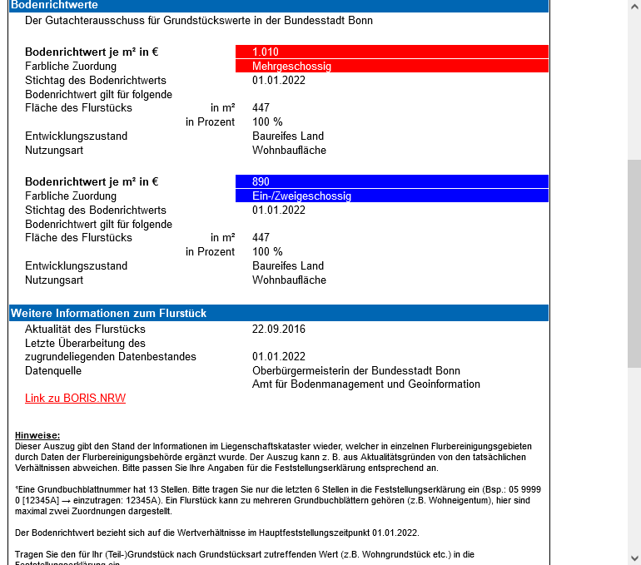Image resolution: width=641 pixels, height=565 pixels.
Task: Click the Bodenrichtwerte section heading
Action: (x=53, y=5)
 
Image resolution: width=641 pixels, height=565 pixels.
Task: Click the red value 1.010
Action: (x=266, y=52)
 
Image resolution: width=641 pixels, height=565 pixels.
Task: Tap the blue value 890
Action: (x=261, y=181)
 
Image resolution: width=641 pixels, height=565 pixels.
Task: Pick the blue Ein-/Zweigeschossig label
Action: (x=301, y=196)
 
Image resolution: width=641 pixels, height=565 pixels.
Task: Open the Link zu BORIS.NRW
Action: (x=75, y=399)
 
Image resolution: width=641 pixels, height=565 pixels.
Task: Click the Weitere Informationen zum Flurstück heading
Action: (x=108, y=314)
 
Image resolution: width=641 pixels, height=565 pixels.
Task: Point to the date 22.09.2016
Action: (x=279, y=329)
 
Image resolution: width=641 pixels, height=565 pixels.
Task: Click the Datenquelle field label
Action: (x=53, y=371)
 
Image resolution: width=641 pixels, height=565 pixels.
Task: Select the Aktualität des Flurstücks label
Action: (x=73, y=329)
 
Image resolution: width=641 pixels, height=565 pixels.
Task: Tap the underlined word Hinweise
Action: (x=37, y=435)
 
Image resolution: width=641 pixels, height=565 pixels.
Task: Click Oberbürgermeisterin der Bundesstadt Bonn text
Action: (x=355, y=371)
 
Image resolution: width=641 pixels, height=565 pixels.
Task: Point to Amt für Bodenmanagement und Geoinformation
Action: (x=365, y=384)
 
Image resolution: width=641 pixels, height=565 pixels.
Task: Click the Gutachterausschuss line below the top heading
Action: (x=199, y=20)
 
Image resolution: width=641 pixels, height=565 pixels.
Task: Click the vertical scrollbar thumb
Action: (x=634, y=262)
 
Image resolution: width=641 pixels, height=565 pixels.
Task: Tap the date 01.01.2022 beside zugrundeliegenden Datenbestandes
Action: (x=279, y=357)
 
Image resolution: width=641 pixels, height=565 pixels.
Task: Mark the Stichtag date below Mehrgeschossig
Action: (x=279, y=81)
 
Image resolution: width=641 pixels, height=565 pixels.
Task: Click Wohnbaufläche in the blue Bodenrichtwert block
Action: (x=289, y=280)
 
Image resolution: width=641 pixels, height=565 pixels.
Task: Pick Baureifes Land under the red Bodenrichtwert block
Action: (x=288, y=136)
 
